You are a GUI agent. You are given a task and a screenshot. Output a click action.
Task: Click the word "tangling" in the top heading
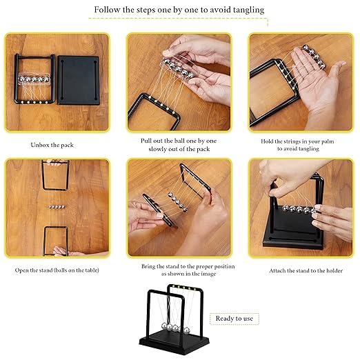click(248, 10)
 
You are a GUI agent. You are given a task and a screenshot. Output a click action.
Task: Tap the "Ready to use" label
click(234, 319)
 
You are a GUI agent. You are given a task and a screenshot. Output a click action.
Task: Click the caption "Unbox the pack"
click(52, 145)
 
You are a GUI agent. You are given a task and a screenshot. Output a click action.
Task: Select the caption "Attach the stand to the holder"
click(306, 270)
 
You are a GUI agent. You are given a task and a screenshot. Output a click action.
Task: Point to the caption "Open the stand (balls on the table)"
click(57, 270)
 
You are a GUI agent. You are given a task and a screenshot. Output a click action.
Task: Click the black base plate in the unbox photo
click(79, 80)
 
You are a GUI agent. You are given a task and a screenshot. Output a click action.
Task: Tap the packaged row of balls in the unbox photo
click(34, 79)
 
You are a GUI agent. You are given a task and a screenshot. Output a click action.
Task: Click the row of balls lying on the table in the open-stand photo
click(57, 207)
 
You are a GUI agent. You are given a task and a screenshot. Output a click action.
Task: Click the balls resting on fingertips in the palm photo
click(314, 57)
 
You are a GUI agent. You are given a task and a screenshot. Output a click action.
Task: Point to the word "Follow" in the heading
click(107, 10)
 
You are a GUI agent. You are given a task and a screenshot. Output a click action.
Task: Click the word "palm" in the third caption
click(327, 141)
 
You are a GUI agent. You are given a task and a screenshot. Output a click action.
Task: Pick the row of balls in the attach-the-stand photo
click(299, 210)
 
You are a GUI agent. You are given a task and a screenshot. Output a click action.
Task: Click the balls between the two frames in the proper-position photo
click(177, 201)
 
